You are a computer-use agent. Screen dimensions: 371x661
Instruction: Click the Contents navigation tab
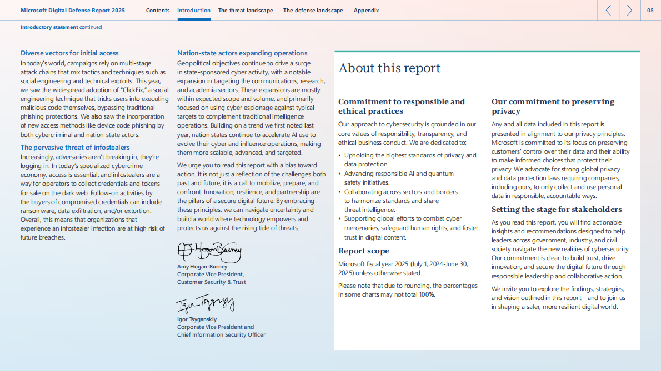point(158,11)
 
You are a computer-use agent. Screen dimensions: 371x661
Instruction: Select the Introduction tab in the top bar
point(194,11)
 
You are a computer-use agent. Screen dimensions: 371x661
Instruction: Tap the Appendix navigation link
point(367,11)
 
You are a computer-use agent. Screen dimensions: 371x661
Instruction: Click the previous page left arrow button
point(608,10)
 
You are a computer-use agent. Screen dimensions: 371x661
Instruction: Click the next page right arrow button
point(629,10)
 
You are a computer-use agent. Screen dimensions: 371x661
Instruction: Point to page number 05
point(650,10)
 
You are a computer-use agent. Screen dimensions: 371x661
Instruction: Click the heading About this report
point(389,68)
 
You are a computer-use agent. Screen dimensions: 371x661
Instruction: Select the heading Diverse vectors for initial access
point(69,53)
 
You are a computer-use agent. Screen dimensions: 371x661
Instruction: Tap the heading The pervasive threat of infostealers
point(75,148)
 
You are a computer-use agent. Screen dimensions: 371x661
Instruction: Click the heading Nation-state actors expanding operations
point(242,53)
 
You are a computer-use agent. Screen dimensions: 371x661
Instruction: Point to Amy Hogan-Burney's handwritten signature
point(209,252)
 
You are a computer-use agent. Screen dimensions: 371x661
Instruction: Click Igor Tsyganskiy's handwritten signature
point(205,304)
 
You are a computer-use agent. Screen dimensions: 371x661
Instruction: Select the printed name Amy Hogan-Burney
point(202,267)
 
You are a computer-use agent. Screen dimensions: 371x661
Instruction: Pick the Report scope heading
point(364,251)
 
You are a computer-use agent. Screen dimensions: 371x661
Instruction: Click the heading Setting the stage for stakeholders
point(557,210)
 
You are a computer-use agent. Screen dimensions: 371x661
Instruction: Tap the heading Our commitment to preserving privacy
point(553,106)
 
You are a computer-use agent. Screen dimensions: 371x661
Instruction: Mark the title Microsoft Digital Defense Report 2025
point(73,11)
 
